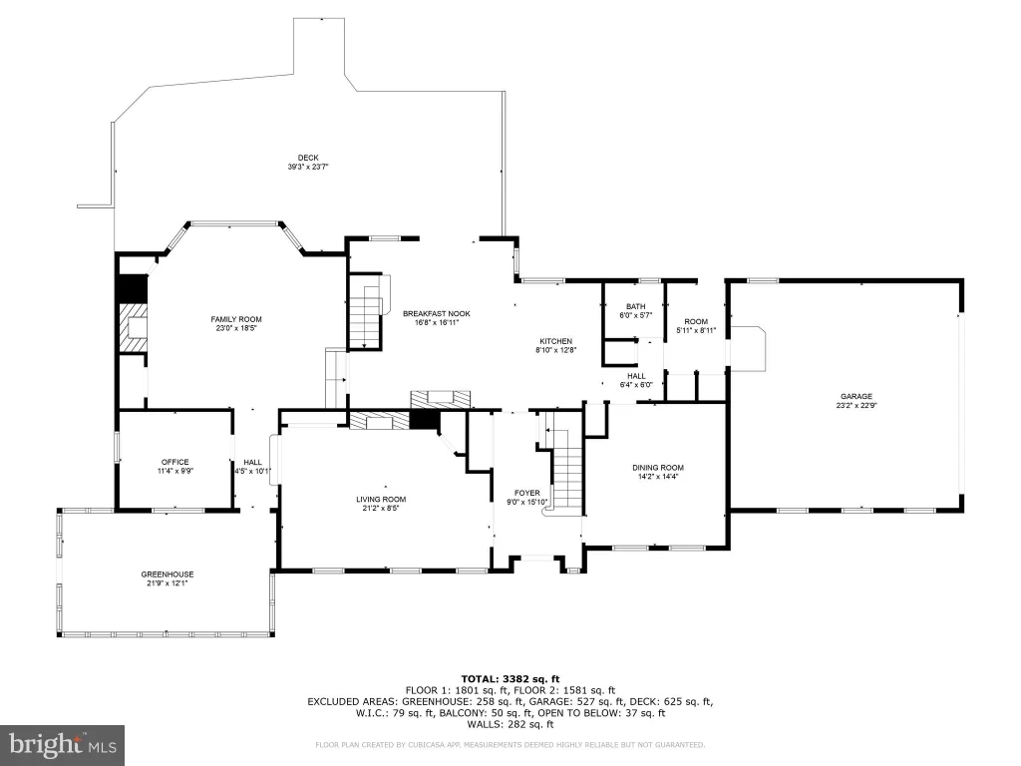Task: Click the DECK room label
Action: coord(308,158)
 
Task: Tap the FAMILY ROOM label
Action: coord(236,319)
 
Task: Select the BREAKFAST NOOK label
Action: coord(437,313)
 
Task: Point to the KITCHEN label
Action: coord(556,341)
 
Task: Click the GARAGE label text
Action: coord(856,396)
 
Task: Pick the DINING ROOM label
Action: coord(658,468)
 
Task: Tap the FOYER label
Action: coord(527,493)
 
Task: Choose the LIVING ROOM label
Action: coord(381,500)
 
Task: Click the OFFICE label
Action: coord(175,462)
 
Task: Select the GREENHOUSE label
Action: coord(168,574)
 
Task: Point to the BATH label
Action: coord(635,306)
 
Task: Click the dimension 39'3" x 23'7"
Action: coord(308,167)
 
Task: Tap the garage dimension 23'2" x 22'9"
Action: coord(856,405)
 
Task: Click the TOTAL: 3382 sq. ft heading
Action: coord(510,679)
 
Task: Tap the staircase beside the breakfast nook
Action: coord(365,312)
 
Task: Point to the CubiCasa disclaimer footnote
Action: coord(510,744)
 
